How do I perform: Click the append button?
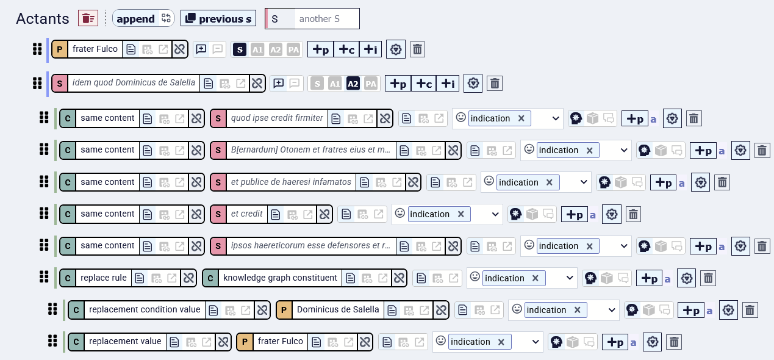point(143,19)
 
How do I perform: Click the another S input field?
point(327,19)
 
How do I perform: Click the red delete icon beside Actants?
point(88,18)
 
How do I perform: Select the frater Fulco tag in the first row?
point(95,49)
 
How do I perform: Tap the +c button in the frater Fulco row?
point(346,49)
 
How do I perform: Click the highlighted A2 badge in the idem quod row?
point(353,84)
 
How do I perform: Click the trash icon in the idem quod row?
point(495,84)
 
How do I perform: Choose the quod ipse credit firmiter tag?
point(277,118)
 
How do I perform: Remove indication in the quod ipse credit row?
point(521,118)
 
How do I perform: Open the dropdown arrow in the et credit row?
point(495,214)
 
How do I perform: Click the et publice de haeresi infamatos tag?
point(291,182)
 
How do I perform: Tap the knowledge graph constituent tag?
point(280,278)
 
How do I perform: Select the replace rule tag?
point(103,278)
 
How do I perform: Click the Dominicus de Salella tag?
point(337,309)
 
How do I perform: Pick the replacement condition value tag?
point(145,309)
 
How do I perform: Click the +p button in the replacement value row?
point(615,342)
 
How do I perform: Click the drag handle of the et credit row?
point(44,214)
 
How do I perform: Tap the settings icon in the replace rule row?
point(686,278)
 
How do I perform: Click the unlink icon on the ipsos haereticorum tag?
point(453,247)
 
